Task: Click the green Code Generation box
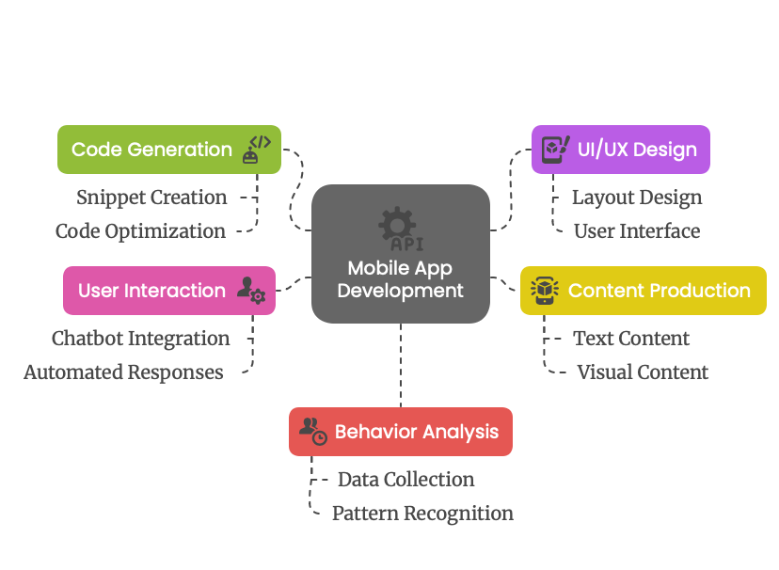169,150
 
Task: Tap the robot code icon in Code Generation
256,150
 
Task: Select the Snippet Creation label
151,198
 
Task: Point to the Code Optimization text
140,231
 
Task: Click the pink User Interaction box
169,291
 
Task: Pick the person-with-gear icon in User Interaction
251,290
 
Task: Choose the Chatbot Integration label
140,339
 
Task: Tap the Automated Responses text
123,372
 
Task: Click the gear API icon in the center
401,229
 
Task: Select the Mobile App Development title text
401,279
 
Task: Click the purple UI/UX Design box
621,150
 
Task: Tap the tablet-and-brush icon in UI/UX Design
555,150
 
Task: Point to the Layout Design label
637,198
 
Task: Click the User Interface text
637,231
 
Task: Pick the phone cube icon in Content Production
545,291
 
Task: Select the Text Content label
631,339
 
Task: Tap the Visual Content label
643,372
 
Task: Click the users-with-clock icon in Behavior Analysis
313,432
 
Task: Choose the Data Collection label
405,480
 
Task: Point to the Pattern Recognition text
422,514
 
